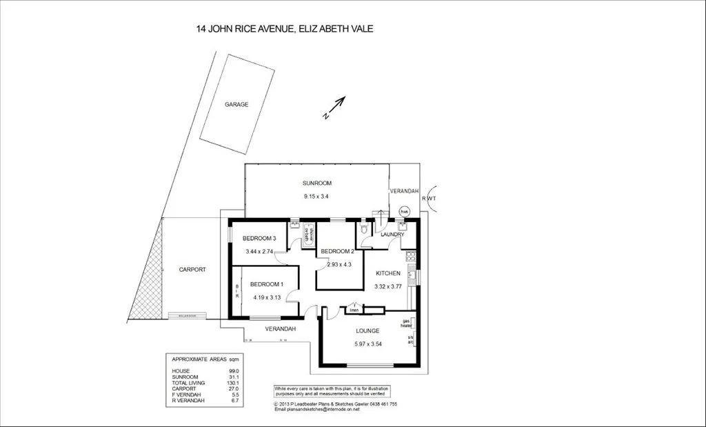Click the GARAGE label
coord(236,104)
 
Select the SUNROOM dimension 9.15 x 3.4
coord(317,196)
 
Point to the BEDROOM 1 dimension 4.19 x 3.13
coord(266,297)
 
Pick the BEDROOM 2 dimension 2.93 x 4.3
coord(339,264)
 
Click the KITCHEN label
coord(387,273)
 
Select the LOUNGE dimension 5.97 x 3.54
coord(368,344)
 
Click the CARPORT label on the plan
coord(192,270)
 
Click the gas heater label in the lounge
coord(406,323)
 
